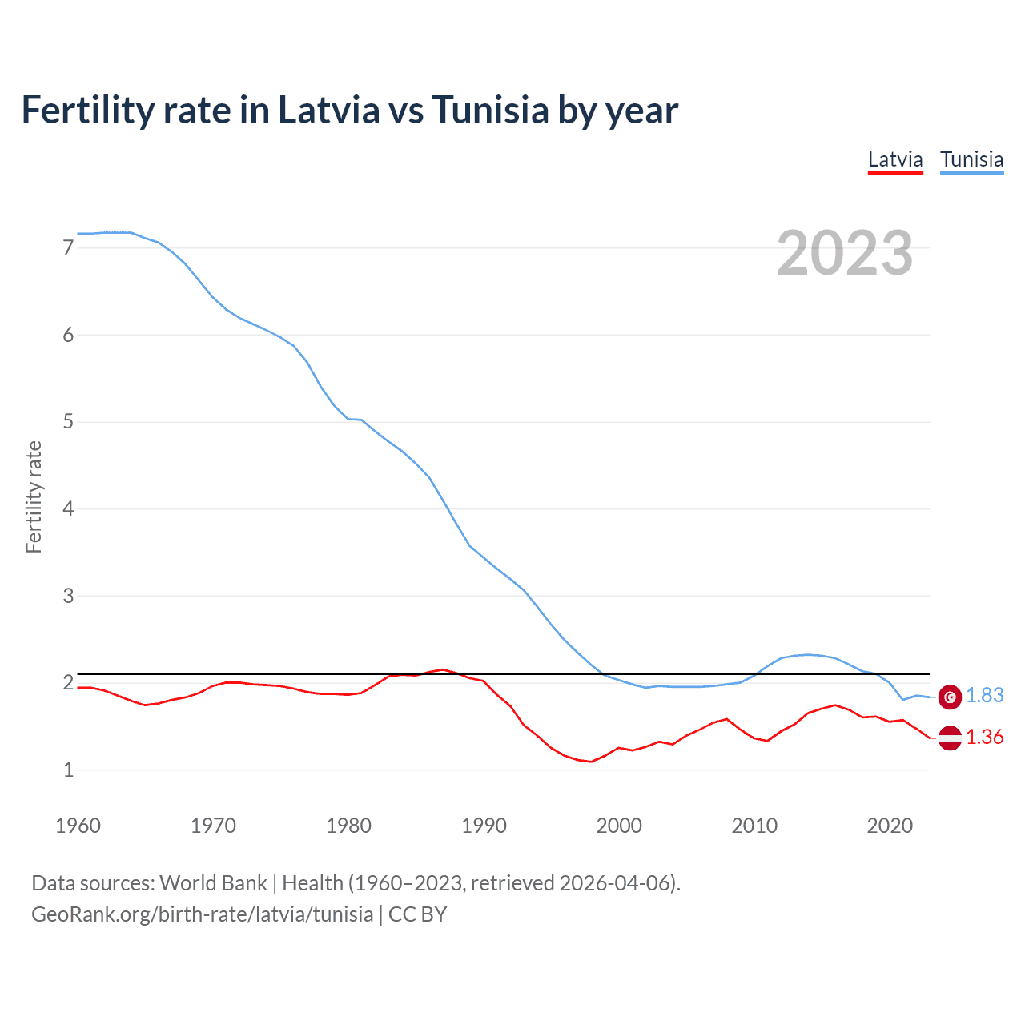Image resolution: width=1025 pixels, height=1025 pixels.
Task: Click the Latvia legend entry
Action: tap(895, 159)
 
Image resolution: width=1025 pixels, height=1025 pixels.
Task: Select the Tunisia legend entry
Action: tap(971, 159)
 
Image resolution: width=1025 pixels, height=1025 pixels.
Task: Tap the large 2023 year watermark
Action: tap(844, 253)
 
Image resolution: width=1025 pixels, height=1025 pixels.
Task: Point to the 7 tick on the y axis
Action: tap(68, 248)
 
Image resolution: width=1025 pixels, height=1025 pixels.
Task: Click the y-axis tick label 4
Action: tap(68, 508)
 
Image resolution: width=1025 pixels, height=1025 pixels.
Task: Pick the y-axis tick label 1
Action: tap(68, 770)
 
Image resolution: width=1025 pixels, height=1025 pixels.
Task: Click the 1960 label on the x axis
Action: tap(78, 826)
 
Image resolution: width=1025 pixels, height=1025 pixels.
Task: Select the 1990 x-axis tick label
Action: tap(484, 826)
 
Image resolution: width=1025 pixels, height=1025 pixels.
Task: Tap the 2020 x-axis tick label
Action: tap(890, 826)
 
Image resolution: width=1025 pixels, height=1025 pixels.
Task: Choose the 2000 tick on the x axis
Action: tap(619, 826)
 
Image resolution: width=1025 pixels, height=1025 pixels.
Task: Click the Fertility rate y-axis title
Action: tap(34, 496)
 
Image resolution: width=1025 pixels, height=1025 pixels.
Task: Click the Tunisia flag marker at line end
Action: tap(950, 697)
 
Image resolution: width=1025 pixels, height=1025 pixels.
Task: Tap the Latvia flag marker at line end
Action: tap(950, 738)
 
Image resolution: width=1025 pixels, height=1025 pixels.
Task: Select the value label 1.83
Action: tap(984, 696)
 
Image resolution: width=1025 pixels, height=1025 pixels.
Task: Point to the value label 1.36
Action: tap(984, 738)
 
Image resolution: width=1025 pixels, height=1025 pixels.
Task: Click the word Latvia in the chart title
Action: tap(328, 110)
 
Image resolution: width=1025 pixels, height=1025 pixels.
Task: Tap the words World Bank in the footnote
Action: tap(213, 883)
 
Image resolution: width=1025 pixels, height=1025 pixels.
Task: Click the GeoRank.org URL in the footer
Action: tap(202, 914)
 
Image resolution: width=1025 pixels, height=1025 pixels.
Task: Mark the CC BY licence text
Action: tap(417, 914)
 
